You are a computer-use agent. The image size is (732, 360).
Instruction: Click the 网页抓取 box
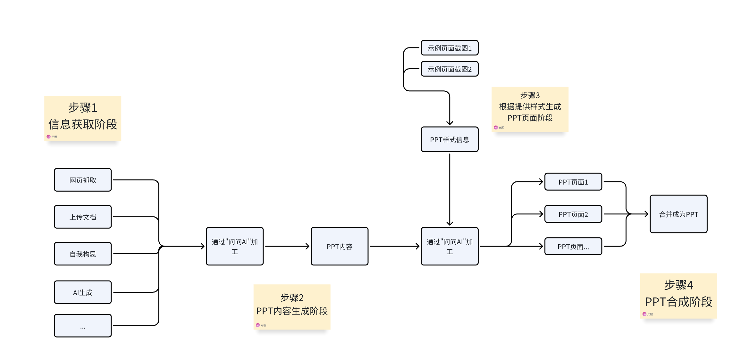83,180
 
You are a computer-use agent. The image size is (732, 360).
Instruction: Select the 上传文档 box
83,217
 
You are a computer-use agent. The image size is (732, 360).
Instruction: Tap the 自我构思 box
83,254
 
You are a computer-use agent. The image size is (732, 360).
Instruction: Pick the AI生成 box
83,292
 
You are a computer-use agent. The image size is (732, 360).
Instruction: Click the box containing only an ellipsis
83,325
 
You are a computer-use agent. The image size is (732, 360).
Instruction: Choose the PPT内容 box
339,246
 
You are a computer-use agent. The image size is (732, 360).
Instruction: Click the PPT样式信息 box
450,139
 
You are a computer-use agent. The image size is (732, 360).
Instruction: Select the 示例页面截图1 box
450,48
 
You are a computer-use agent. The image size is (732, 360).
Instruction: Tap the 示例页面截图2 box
450,69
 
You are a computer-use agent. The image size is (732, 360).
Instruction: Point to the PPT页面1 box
573,182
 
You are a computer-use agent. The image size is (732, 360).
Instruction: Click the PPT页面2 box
573,214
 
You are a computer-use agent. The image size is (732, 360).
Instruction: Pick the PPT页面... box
573,246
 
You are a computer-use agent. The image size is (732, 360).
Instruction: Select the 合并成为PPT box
678,214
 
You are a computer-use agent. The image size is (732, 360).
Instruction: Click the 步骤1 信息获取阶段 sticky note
83,118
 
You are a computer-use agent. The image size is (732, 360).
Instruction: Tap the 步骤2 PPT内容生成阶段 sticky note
292,306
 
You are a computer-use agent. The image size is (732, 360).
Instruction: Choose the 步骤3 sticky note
530,109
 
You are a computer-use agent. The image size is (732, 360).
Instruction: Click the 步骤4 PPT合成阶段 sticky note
678,295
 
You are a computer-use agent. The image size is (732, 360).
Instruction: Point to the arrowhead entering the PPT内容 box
308,246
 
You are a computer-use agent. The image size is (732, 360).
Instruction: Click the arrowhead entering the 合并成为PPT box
647,214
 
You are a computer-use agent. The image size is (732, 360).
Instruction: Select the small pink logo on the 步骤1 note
49,137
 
